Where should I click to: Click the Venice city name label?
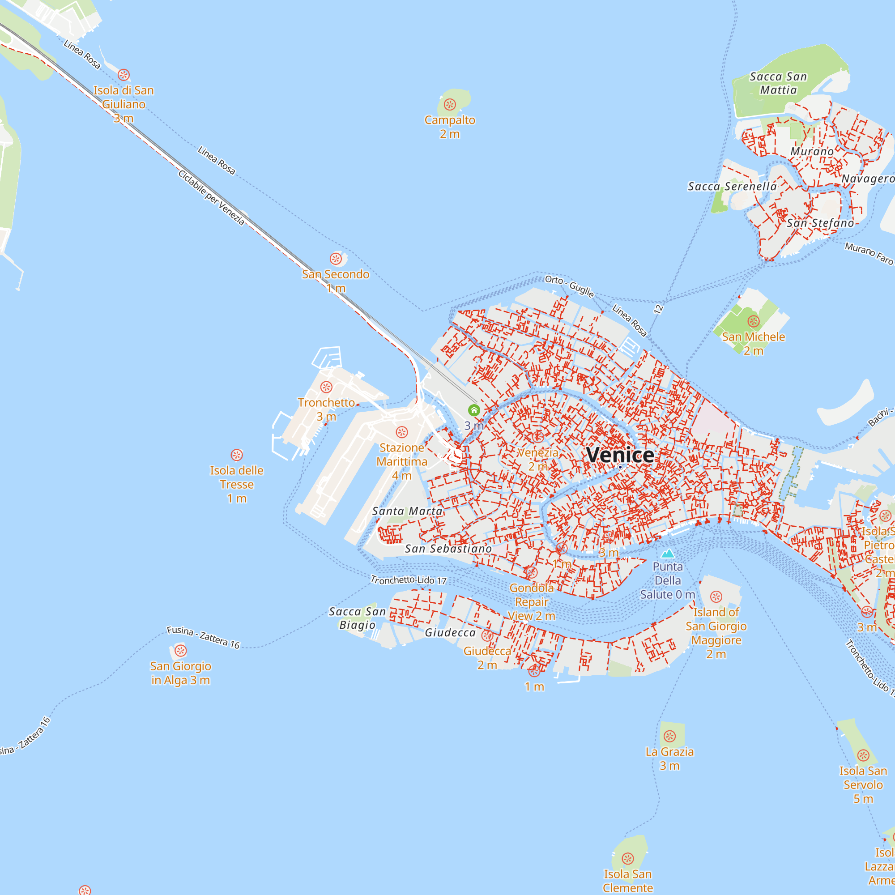click(620, 455)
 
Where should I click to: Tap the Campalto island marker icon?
click(450, 104)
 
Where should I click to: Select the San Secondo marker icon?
click(336, 259)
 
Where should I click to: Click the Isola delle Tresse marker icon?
click(237, 455)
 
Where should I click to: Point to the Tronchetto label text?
click(326, 403)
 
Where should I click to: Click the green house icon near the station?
click(473, 410)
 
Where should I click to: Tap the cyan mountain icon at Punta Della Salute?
click(668, 554)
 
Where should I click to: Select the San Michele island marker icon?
click(754, 321)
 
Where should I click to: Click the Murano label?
click(812, 152)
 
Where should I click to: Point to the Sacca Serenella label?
click(732, 186)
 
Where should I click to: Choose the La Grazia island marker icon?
click(670, 736)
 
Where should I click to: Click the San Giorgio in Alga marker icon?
click(181, 651)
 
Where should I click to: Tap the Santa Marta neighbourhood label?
click(407, 511)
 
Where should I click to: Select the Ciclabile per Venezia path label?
click(211, 197)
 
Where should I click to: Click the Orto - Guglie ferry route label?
click(569, 286)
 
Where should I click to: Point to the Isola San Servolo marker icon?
click(863, 755)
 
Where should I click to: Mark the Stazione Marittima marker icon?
click(402, 432)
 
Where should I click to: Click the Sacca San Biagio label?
click(357, 618)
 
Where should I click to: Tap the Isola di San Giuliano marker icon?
click(124, 75)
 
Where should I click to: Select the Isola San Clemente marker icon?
click(628, 858)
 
